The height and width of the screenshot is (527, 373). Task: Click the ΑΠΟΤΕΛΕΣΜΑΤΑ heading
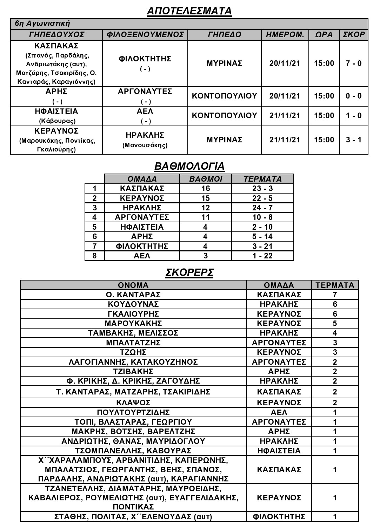click(189, 11)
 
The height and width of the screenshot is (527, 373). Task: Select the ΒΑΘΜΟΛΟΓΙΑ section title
click(189, 166)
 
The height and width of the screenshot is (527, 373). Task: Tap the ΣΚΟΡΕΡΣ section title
click(189, 272)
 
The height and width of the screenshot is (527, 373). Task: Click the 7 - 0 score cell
click(353, 63)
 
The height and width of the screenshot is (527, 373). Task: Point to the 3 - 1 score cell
click(353, 140)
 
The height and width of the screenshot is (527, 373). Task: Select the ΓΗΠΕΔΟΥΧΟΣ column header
click(56, 35)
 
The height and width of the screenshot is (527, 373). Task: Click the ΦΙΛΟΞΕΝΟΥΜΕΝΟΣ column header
click(145, 35)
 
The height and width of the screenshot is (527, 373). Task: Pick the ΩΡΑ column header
click(324, 35)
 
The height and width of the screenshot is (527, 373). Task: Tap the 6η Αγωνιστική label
click(42, 23)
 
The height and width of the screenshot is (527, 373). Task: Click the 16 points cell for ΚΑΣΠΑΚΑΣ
click(205, 188)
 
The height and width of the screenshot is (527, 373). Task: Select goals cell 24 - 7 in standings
click(262, 208)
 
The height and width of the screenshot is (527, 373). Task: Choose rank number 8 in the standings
click(94, 256)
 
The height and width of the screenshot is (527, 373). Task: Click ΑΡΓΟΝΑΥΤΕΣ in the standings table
click(142, 217)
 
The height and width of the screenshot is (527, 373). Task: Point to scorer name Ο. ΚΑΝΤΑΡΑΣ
click(133, 295)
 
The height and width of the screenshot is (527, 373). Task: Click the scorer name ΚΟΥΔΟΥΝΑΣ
click(133, 304)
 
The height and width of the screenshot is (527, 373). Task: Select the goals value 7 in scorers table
click(335, 295)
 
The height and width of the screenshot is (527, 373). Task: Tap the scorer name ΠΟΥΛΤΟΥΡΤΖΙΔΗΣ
click(133, 412)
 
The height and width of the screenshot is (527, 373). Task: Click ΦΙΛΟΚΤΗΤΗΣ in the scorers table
click(279, 516)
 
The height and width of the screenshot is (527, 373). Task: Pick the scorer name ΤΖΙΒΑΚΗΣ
click(133, 371)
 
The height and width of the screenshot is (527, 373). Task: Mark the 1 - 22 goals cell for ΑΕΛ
click(262, 256)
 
